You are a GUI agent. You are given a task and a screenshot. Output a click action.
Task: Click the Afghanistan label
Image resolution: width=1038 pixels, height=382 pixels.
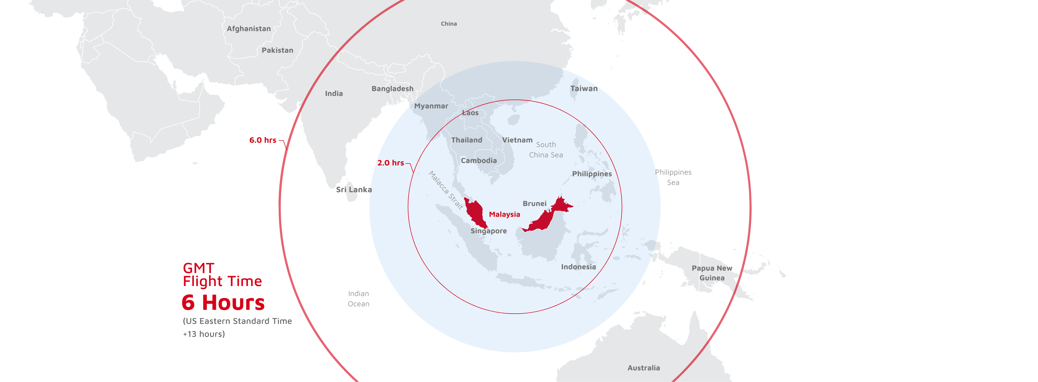click(249, 29)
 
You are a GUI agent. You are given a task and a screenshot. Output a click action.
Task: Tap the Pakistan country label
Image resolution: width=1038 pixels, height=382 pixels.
click(277, 50)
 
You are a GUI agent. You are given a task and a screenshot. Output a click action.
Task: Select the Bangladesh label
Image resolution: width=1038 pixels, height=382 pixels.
click(392, 89)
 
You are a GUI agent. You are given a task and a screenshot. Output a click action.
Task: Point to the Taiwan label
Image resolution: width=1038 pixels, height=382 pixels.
click(584, 89)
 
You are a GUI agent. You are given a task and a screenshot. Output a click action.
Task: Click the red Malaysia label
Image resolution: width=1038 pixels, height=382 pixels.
click(504, 214)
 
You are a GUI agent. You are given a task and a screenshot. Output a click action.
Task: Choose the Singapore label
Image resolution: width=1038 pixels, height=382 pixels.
click(488, 231)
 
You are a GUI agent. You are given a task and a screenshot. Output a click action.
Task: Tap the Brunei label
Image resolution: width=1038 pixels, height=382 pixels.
click(534, 204)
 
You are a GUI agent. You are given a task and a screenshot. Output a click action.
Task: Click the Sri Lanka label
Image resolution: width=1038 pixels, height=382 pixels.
click(354, 190)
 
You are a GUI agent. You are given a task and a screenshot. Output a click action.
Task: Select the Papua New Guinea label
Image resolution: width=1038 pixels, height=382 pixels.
click(712, 273)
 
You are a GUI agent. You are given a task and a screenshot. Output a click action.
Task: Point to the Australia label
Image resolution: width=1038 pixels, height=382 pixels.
click(644, 368)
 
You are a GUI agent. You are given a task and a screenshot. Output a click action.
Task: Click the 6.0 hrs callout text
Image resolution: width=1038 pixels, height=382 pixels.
click(263, 140)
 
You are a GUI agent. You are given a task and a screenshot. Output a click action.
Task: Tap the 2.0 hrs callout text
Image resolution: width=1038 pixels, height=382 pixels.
click(390, 163)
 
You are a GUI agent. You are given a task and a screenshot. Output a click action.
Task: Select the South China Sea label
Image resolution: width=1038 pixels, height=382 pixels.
click(545, 150)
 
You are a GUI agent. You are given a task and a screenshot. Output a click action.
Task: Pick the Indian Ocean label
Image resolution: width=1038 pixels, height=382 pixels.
click(358, 298)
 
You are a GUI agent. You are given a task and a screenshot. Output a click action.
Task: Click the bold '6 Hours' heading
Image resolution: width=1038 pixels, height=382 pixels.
click(223, 303)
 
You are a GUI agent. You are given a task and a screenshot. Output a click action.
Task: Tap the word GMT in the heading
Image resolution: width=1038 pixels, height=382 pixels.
click(198, 268)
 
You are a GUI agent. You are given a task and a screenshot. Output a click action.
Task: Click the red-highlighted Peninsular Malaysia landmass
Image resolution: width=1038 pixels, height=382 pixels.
click(475, 212)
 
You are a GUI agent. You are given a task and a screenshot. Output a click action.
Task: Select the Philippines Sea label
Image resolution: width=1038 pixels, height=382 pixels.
click(673, 177)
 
